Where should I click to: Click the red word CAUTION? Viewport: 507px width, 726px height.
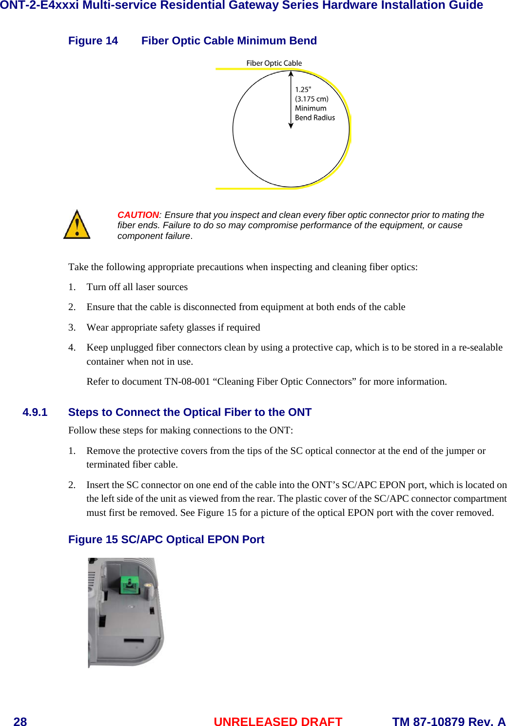[x=138, y=215]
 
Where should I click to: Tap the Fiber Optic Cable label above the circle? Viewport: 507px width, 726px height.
[x=274, y=63]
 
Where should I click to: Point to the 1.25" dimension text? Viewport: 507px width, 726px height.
[x=303, y=90]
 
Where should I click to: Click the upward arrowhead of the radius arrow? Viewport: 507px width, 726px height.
[x=291, y=74]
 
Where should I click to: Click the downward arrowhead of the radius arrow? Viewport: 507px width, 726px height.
[x=291, y=125]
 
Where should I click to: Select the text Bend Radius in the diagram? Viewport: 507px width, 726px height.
[x=315, y=118]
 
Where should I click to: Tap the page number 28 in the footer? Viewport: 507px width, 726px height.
[x=20, y=722]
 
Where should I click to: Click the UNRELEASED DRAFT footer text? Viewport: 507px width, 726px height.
[x=278, y=722]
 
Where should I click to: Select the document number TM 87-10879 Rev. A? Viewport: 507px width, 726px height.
[x=448, y=722]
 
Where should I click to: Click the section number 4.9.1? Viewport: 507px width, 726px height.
[x=35, y=412]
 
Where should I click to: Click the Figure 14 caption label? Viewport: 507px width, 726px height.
[x=93, y=41]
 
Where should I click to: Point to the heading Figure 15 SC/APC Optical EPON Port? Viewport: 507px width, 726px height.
[x=166, y=540]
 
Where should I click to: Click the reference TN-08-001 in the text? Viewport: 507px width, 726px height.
[x=187, y=382]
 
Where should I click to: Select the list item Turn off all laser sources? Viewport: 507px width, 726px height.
[x=137, y=287]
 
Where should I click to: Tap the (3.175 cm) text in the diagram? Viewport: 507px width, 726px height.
[x=312, y=99]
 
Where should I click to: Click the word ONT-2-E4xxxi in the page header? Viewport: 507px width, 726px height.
[x=39, y=5]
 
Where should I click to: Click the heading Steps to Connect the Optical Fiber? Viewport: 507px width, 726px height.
[x=190, y=412]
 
